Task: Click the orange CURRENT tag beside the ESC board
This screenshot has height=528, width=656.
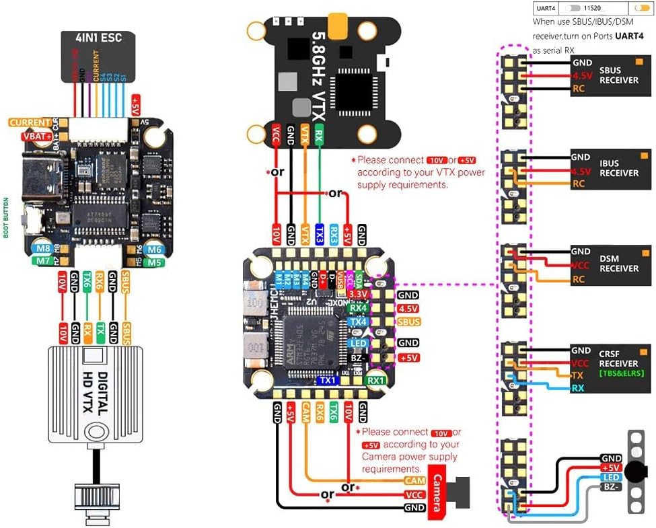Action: point(29,123)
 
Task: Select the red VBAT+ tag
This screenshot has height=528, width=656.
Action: point(37,137)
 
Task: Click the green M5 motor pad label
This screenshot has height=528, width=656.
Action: point(155,262)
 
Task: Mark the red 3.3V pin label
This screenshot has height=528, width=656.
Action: point(358,295)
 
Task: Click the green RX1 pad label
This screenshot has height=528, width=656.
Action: point(375,380)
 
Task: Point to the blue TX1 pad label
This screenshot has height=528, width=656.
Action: point(328,380)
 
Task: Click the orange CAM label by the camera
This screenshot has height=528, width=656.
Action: point(414,481)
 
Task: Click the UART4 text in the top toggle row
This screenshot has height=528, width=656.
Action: point(546,9)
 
